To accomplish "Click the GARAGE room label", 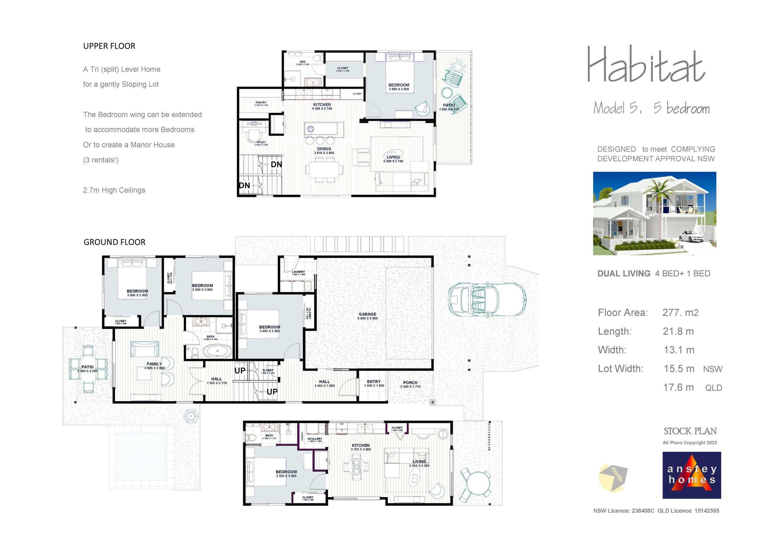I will tap(367, 314).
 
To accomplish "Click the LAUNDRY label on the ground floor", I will tap(298, 272).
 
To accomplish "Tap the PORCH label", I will tap(410, 383).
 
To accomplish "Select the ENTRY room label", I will tap(374, 382).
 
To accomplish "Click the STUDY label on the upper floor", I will tap(261, 142).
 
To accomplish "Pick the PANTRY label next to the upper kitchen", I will tap(261, 102).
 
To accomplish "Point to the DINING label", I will tap(324, 149).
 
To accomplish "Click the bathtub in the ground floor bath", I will tap(217, 350).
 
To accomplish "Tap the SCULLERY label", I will tap(315, 438).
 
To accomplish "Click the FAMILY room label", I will tap(154, 364).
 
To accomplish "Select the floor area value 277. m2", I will tap(680, 312).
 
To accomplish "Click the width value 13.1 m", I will tap(679, 350).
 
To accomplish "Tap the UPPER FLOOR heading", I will tap(109, 46).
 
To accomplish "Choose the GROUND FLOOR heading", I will tap(115, 242).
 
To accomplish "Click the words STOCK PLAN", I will tap(690, 431).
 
